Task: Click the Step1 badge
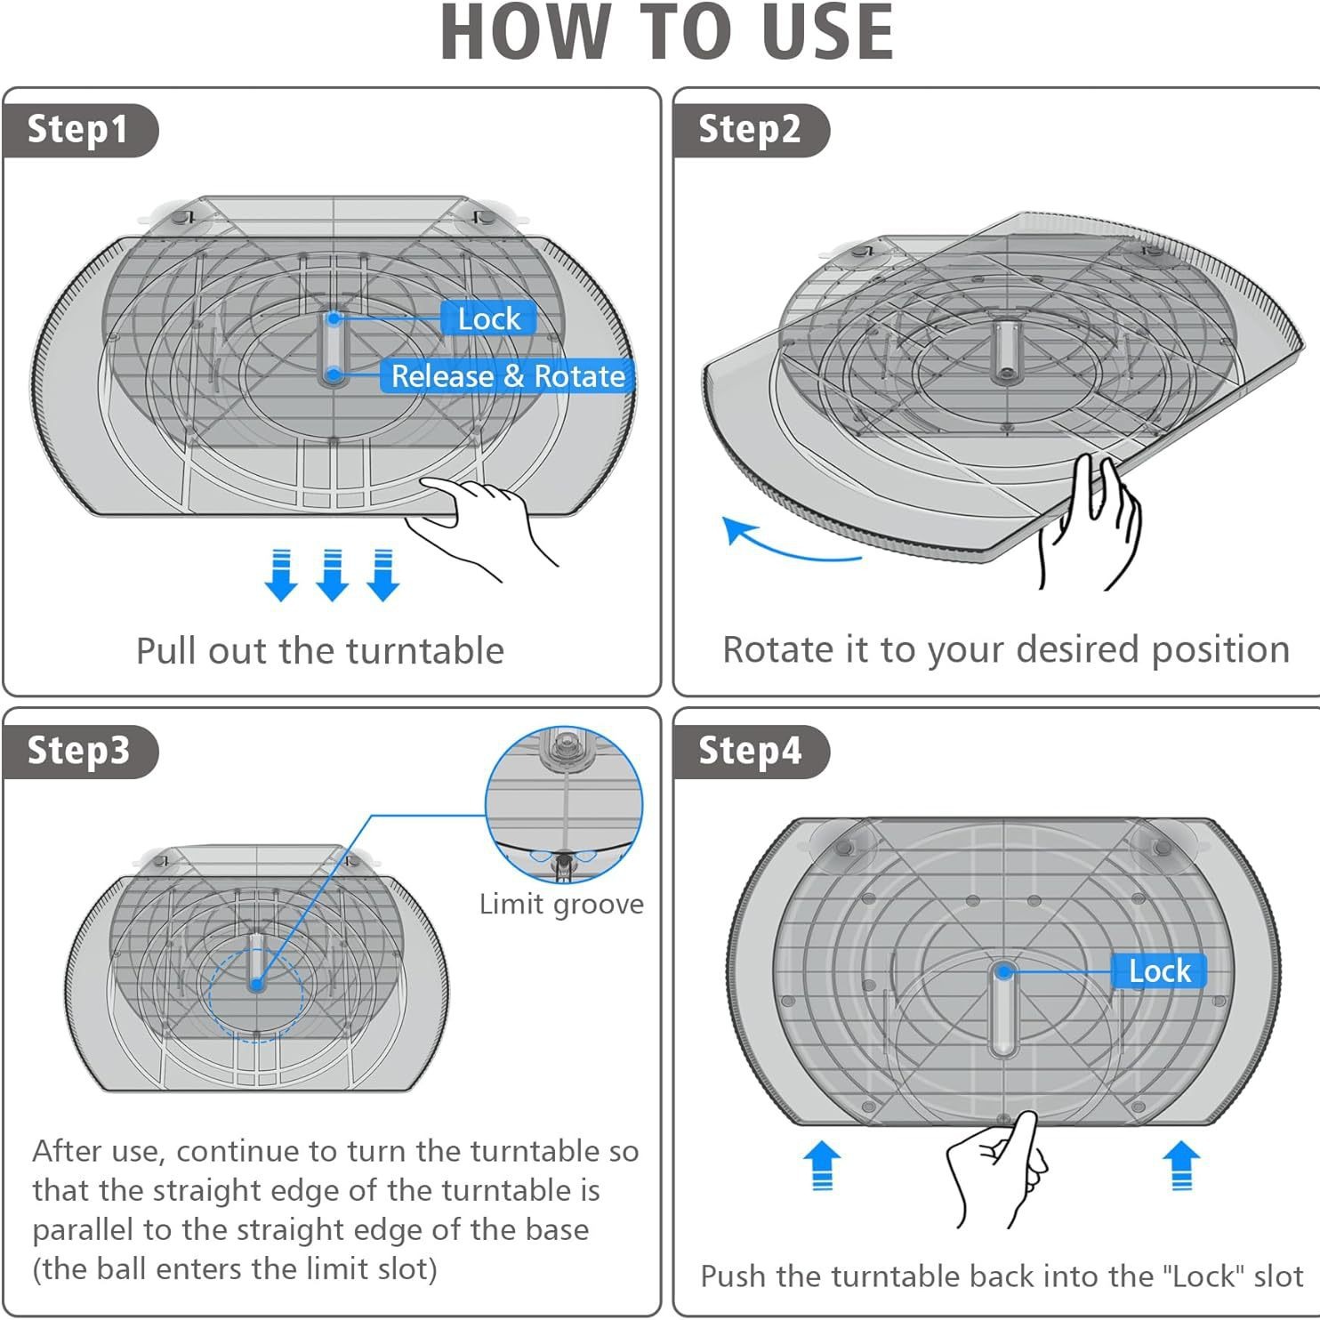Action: pyautogui.click(x=78, y=130)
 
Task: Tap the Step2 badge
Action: pyautogui.click(x=750, y=130)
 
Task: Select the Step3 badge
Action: pyautogui.click(x=78, y=751)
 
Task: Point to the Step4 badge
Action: pyautogui.click(x=750, y=751)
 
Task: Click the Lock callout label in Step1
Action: pyautogui.click(x=488, y=318)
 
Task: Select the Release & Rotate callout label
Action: pyautogui.click(x=508, y=376)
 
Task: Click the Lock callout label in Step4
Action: pyautogui.click(x=1159, y=970)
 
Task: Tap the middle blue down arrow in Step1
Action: pyautogui.click(x=332, y=575)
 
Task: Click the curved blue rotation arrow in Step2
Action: pyautogui.click(x=783, y=544)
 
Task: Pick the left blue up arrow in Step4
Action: pyautogui.click(x=822, y=1165)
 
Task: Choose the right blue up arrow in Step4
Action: pyautogui.click(x=1181, y=1165)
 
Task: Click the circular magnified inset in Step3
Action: pyautogui.click(x=564, y=804)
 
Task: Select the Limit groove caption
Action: pyautogui.click(x=561, y=905)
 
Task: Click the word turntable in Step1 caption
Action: pyautogui.click(x=425, y=651)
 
